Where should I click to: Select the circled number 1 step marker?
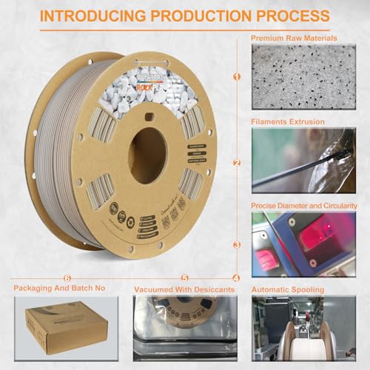pyautogui.click(x=237, y=75)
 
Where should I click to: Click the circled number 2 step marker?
pyautogui.click(x=237, y=163)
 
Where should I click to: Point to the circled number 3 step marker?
pyautogui.click(x=237, y=244)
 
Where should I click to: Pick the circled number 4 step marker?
pyautogui.click(x=236, y=278)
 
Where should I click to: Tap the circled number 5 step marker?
pyautogui.click(x=185, y=278)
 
